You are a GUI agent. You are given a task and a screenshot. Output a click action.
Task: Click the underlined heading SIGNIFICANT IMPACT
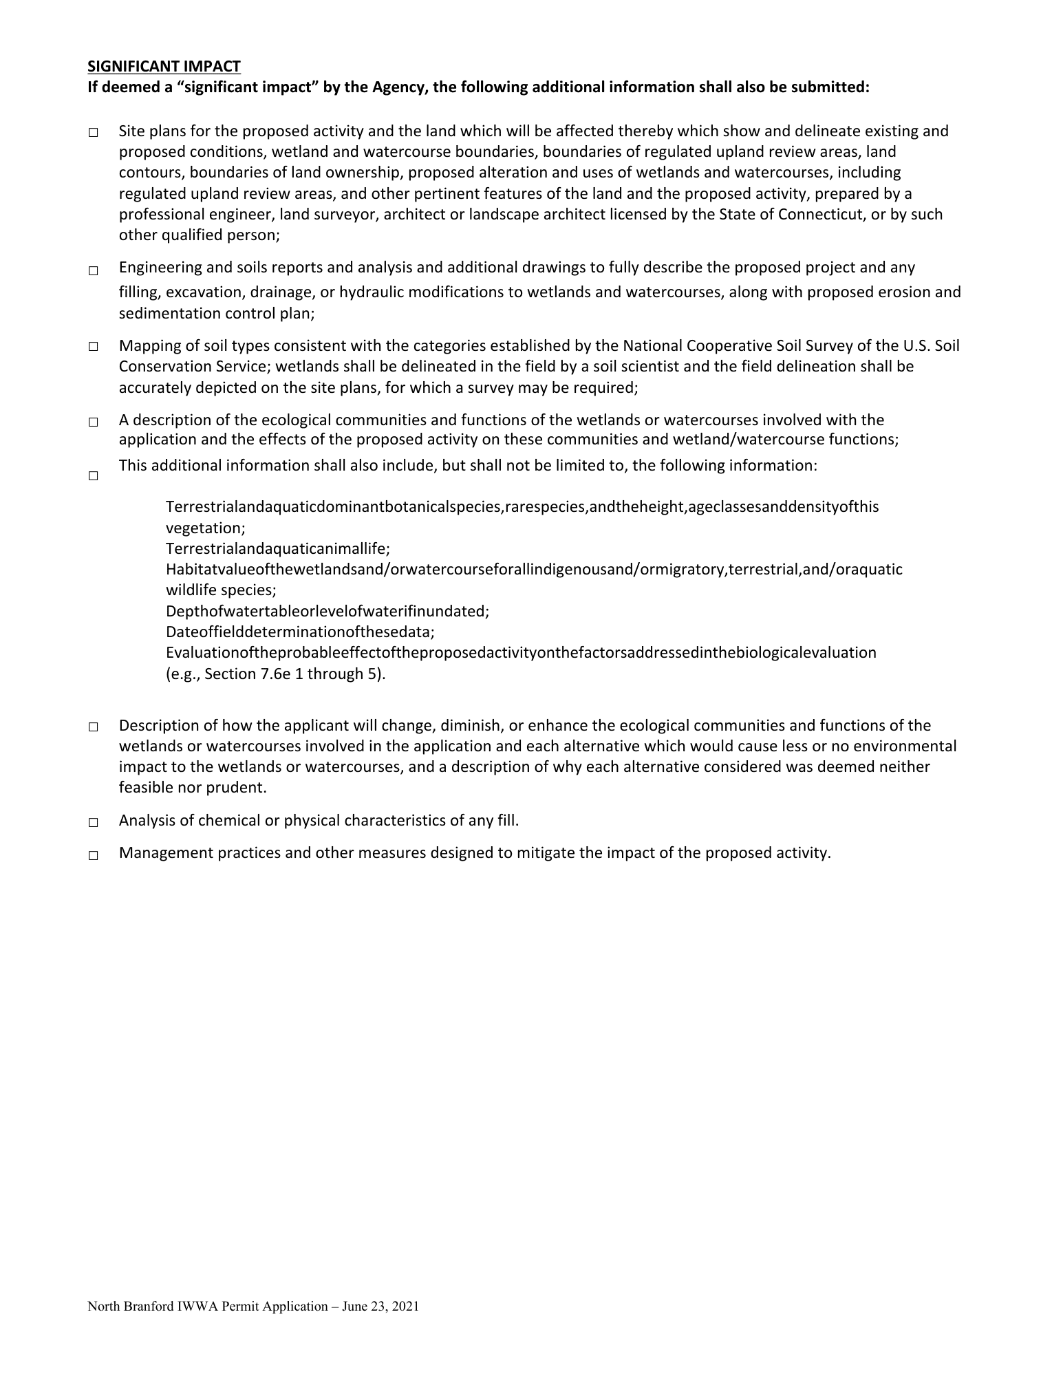click(x=164, y=66)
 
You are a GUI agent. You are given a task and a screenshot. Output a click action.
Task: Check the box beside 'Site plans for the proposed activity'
click(x=93, y=132)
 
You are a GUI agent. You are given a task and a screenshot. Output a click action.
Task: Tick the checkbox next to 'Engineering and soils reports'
click(x=93, y=271)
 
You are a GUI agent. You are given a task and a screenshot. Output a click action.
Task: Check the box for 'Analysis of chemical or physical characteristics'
click(x=93, y=822)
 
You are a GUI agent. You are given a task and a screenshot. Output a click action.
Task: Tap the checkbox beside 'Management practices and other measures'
click(x=93, y=855)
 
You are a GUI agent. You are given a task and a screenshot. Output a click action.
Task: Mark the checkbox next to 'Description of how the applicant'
click(x=93, y=727)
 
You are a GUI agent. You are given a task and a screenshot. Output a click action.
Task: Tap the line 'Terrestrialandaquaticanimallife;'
click(x=278, y=549)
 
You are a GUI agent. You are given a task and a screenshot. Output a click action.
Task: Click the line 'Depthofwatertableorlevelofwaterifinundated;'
click(x=328, y=611)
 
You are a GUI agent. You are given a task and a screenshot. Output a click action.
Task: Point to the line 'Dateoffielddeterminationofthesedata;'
click(x=300, y=632)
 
